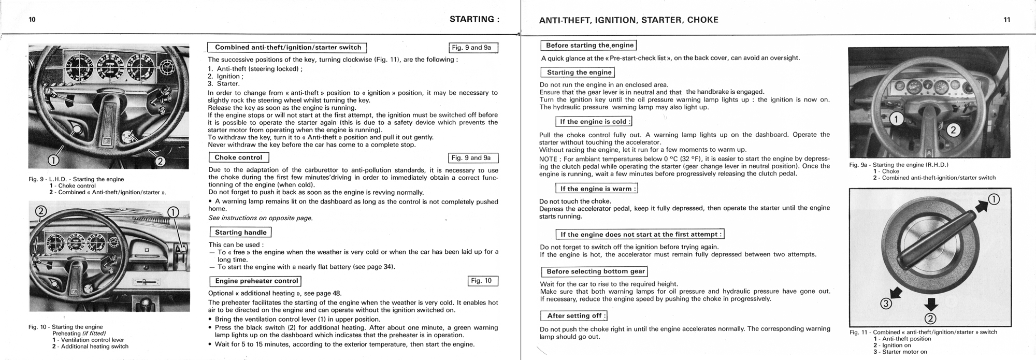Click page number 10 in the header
click(x=32, y=20)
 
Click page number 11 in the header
click(x=1006, y=20)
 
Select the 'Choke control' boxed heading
click(x=238, y=157)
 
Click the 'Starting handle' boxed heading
click(x=240, y=233)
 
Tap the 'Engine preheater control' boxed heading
click(x=256, y=281)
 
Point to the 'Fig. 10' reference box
click(x=482, y=281)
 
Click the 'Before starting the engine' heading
click(x=589, y=46)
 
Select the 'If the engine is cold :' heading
click(x=594, y=122)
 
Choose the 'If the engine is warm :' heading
click(x=596, y=189)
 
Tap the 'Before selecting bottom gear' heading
click(x=595, y=271)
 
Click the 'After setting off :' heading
click(x=574, y=315)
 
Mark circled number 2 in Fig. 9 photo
click(x=161, y=161)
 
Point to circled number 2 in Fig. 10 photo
click(x=41, y=211)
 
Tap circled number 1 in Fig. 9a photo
click(x=896, y=120)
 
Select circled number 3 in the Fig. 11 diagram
click(x=886, y=304)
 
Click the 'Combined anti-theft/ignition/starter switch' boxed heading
click(x=287, y=48)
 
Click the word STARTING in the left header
click(x=471, y=20)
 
